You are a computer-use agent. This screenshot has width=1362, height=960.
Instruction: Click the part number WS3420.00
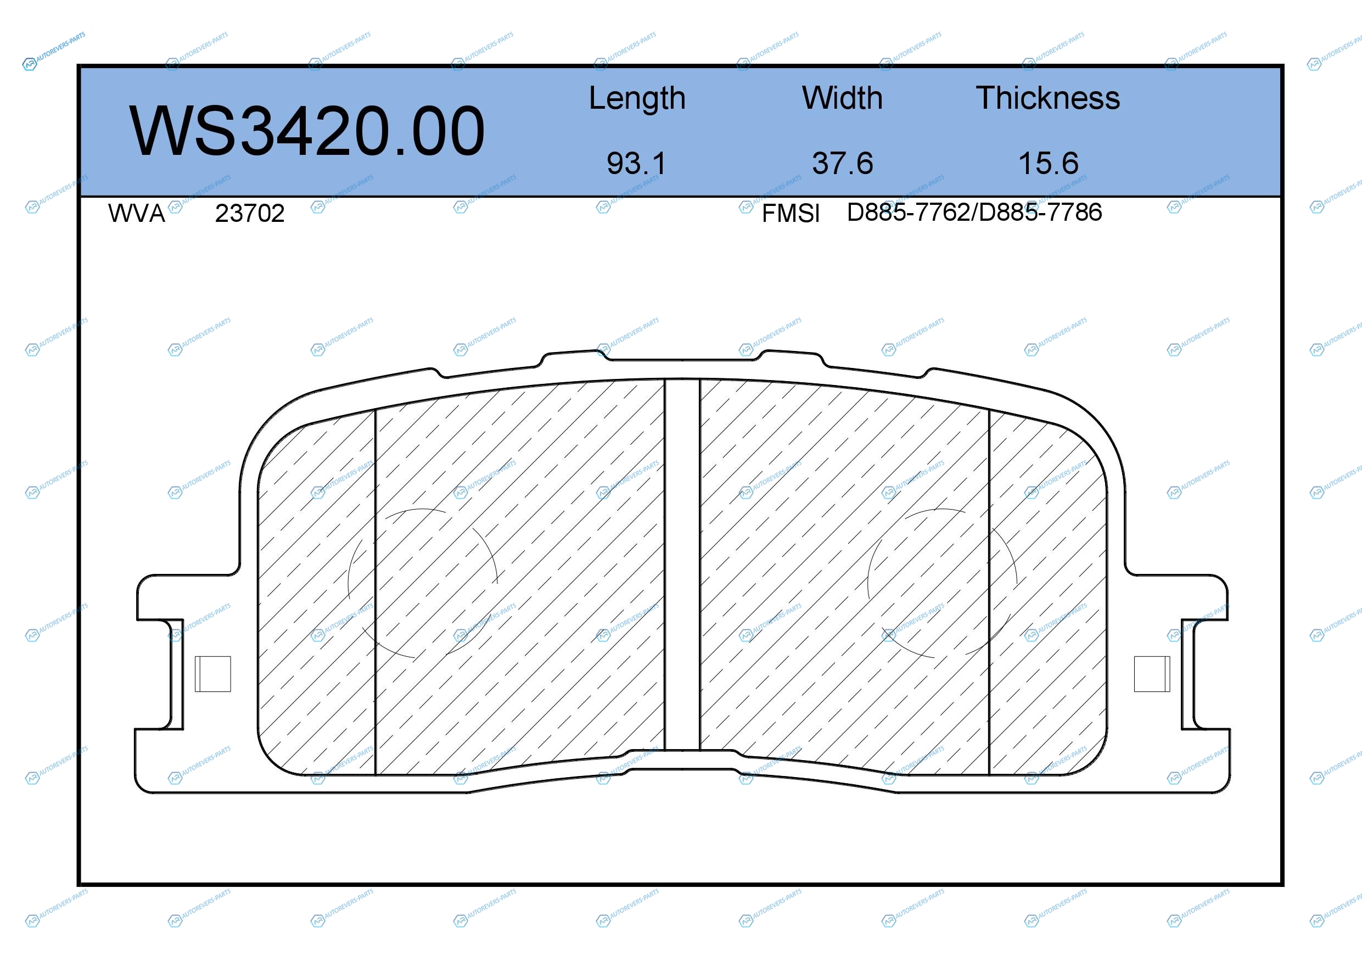[x=307, y=131]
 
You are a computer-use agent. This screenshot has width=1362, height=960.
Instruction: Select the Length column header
[x=637, y=98]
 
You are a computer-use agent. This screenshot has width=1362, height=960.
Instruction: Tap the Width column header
[x=842, y=98]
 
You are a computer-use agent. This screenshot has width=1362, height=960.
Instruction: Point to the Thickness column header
[x=1047, y=98]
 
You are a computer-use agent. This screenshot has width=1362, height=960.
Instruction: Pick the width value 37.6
[x=842, y=163]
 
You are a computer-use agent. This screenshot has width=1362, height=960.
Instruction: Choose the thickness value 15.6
[x=1048, y=163]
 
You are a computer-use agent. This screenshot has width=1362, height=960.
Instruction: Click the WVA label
[x=137, y=213]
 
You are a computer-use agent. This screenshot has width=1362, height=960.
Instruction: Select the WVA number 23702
[x=250, y=213]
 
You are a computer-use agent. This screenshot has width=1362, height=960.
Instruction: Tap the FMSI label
[x=791, y=213]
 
